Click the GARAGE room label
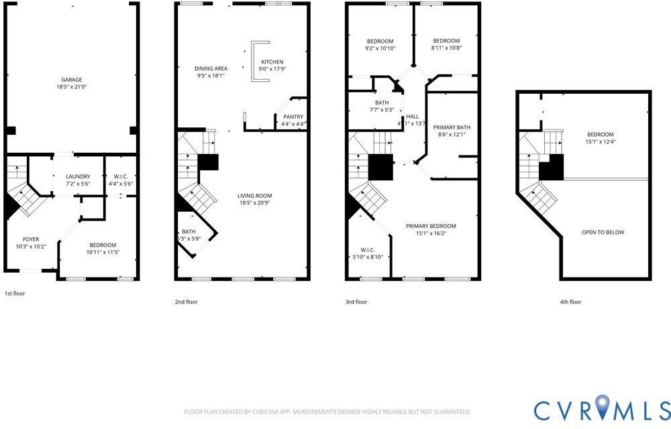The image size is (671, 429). (x=72, y=80)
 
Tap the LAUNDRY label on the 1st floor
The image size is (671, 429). (x=78, y=176)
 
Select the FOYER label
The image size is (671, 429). (x=31, y=239)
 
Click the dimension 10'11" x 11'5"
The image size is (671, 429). (x=103, y=252)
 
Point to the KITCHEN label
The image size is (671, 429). (x=272, y=62)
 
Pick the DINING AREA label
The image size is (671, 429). (x=211, y=68)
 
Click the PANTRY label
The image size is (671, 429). (x=293, y=117)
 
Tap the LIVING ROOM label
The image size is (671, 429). (x=254, y=196)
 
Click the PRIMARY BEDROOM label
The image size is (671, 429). (x=431, y=226)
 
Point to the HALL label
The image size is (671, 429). (x=412, y=117)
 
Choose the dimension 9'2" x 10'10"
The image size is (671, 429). (x=380, y=48)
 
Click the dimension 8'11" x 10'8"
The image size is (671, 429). (x=446, y=48)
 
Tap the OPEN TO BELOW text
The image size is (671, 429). (x=603, y=233)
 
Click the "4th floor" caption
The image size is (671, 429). (x=570, y=302)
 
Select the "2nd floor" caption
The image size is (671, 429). (x=186, y=302)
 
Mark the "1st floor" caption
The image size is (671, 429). (x=15, y=294)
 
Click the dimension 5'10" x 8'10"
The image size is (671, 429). (x=367, y=257)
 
